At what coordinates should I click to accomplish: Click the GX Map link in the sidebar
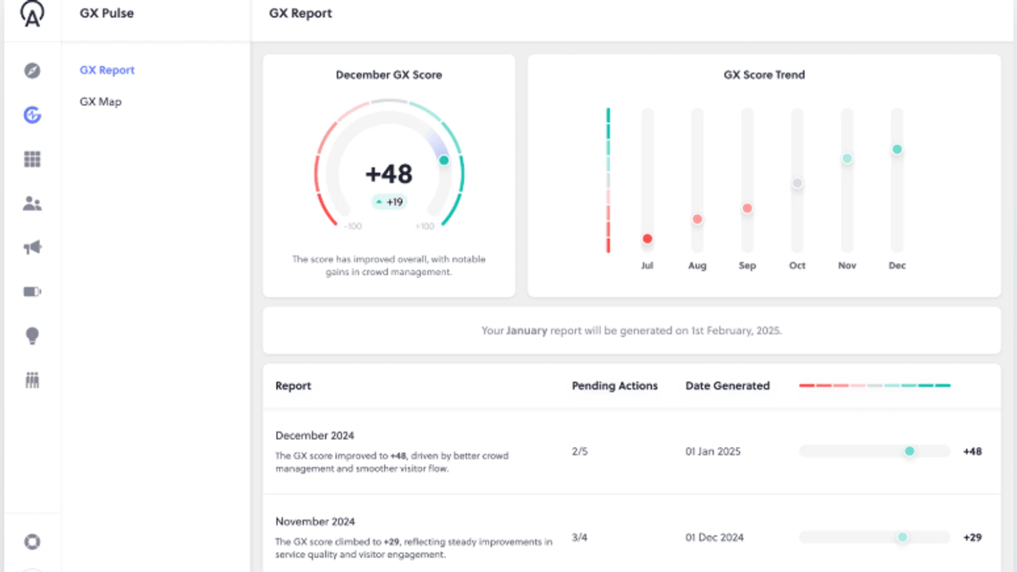pos(100,102)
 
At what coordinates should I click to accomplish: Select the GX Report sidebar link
pos(107,70)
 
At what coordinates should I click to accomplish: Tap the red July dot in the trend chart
pos(647,239)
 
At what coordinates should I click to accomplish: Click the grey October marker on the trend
pos(797,183)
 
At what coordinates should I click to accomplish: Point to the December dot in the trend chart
pos(897,150)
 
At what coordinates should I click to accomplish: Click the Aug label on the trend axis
pos(697,266)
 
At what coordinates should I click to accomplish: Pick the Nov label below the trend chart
pos(847,266)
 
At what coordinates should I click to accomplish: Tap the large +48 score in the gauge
pos(389,174)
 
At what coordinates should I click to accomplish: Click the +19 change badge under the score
pos(390,202)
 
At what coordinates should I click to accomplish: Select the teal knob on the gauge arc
pos(444,160)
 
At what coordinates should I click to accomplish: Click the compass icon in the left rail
pos(32,71)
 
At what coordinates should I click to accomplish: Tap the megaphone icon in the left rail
pos(32,248)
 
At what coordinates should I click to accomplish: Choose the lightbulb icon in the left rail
pos(32,336)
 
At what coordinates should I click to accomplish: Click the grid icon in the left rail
pos(32,159)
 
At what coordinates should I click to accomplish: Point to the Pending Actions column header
pos(614,386)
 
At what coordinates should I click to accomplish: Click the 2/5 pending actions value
pos(579,451)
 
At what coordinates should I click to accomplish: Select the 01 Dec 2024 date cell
pos(714,538)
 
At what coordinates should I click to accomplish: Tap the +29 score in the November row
pos(972,538)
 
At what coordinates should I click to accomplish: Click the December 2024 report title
pos(314,436)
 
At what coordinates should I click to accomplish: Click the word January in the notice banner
pos(527,331)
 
